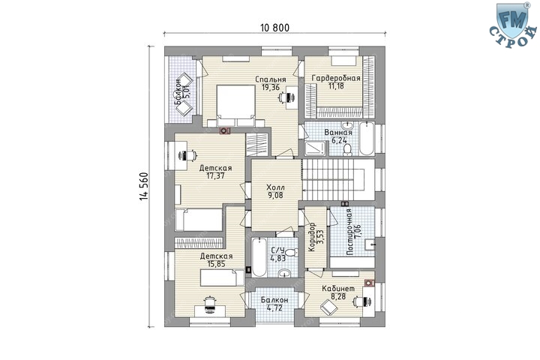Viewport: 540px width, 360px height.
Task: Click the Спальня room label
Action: tap(270, 79)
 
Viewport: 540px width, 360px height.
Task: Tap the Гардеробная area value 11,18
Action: tap(336, 86)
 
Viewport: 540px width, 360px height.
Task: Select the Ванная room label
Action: tap(338, 133)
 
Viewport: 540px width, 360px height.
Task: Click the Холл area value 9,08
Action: tap(275, 196)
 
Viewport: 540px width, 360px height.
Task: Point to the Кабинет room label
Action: tap(338, 289)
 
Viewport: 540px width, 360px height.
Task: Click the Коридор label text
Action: tap(312, 237)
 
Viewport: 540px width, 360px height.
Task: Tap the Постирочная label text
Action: tap(349, 232)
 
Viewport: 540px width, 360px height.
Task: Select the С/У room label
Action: tap(277, 250)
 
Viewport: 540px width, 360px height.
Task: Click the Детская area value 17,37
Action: tap(215, 176)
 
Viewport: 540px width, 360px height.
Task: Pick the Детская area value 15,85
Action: tap(216, 264)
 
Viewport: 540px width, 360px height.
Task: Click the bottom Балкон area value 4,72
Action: tap(274, 308)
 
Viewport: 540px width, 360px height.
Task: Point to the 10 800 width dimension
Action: tap(274, 28)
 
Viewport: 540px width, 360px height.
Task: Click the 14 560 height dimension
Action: tap(143, 186)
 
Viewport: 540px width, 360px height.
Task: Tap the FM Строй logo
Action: tap(513, 25)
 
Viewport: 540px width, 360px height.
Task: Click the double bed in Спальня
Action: tap(235, 106)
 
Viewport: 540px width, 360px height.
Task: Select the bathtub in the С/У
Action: tap(259, 257)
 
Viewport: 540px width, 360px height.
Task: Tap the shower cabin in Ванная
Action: tap(315, 148)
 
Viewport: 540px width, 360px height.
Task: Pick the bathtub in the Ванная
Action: tap(367, 139)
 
